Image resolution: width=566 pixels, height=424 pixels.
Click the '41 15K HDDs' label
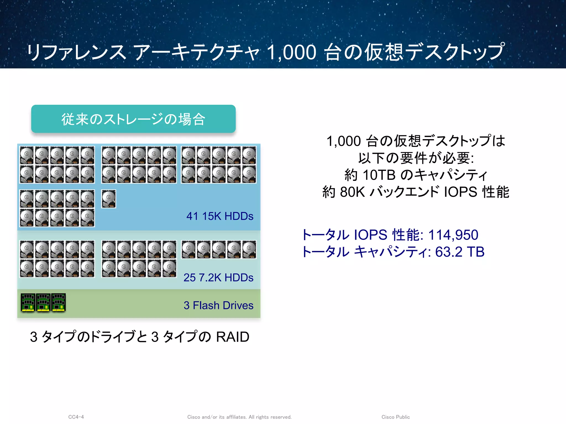(220, 216)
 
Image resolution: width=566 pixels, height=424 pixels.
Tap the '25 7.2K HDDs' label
(218, 277)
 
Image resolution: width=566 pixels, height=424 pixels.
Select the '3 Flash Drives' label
(218, 305)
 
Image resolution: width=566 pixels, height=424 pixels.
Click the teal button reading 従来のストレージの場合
(133, 119)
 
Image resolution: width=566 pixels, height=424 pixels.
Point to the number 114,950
(453, 235)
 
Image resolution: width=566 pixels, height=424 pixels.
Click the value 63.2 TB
(460, 252)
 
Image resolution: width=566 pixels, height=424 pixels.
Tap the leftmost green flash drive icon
(28, 303)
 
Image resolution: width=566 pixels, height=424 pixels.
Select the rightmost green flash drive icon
(59, 303)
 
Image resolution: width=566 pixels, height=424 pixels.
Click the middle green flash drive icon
(43, 303)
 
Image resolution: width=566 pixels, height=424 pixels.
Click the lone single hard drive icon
(109, 199)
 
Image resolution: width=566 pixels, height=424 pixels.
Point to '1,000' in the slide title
(292, 52)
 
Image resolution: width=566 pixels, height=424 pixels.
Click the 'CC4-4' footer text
(76, 417)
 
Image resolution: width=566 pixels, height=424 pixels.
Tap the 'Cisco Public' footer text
(395, 417)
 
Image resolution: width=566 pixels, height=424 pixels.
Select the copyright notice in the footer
(239, 417)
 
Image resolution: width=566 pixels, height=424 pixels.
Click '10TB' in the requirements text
(379, 175)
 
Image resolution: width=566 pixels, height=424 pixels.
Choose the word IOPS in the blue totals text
(371, 235)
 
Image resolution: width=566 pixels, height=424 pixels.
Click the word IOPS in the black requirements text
(460, 192)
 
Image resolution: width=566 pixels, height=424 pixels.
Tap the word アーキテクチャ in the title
(196, 52)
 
